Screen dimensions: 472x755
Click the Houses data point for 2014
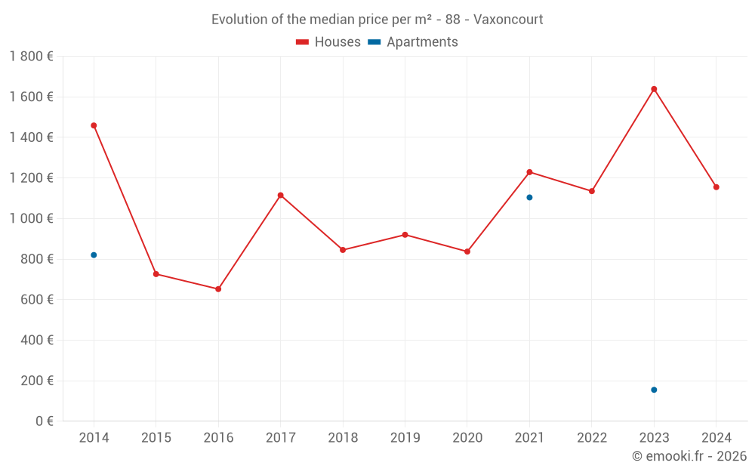[94, 125]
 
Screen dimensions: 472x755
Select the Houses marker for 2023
[654, 89]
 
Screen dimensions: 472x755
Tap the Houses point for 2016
[218, 288]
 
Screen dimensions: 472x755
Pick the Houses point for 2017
[280, 195]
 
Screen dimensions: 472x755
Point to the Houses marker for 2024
[716, 187]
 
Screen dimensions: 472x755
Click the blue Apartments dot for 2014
[94, 255]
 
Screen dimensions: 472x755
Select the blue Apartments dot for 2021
[529, 197]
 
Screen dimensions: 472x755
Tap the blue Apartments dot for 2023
[654, 390]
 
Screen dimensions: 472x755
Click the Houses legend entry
[328, 42]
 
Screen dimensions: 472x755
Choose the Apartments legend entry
[413, 42]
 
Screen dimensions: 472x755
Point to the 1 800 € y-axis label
[31, 57]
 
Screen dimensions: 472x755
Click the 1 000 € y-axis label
[31, 219]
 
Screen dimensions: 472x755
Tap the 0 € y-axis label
[41, 421]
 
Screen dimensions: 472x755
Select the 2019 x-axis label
[405, 438]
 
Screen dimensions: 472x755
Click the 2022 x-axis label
[591, 438]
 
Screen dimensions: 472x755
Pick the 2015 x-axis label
[156, 438]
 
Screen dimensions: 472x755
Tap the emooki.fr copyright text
[689, 456]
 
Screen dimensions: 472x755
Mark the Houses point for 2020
[467, 251]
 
